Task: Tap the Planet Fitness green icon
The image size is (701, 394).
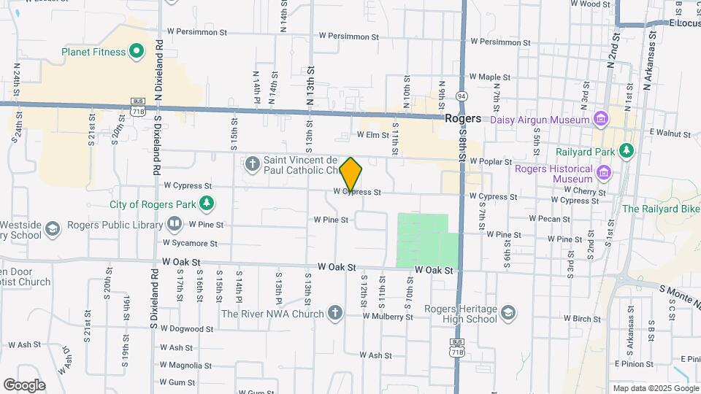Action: tap(135, 51)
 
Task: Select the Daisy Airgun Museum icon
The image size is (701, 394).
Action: tap(601, 119)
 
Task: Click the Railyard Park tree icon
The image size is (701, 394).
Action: tap(626, 150)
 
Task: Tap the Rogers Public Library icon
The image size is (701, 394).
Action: tap(175, 223)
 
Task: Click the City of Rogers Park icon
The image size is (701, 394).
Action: tap(207, 203)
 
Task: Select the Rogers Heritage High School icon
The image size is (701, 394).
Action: tap(508, 314)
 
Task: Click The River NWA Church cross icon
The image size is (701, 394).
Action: tap(335, 314)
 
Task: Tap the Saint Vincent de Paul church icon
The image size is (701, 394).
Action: tap(252, 162)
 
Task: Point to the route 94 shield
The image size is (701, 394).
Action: tap(461, 96)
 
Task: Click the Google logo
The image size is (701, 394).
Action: tap(24, 385)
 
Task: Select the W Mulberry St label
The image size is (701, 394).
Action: tap(388, 317)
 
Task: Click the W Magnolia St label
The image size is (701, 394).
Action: tap(186, 366)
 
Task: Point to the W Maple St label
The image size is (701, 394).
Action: tap(489, 76)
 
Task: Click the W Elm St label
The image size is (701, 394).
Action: tap(373, 135)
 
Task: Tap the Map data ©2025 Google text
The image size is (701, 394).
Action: tap(655, 388)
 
